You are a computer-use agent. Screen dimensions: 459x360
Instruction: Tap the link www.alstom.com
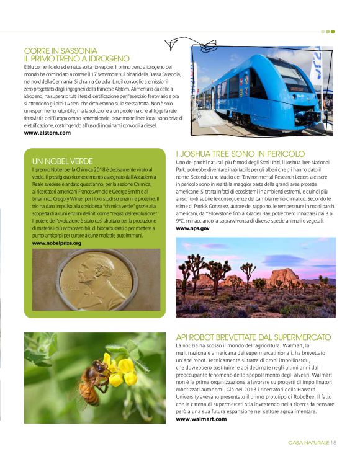tap(47, 133)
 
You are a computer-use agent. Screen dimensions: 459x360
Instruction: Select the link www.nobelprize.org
tap(56, 243)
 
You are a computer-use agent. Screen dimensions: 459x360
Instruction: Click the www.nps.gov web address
tap(192, 228)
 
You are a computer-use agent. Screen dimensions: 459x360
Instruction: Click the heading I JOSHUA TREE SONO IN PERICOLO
tap(240, 153)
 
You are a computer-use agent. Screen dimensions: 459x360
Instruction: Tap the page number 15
tap(333, 442)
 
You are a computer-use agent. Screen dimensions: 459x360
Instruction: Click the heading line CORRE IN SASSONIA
tap(60, 50)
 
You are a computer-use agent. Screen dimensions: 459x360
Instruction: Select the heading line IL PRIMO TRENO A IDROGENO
tap(76, 58)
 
